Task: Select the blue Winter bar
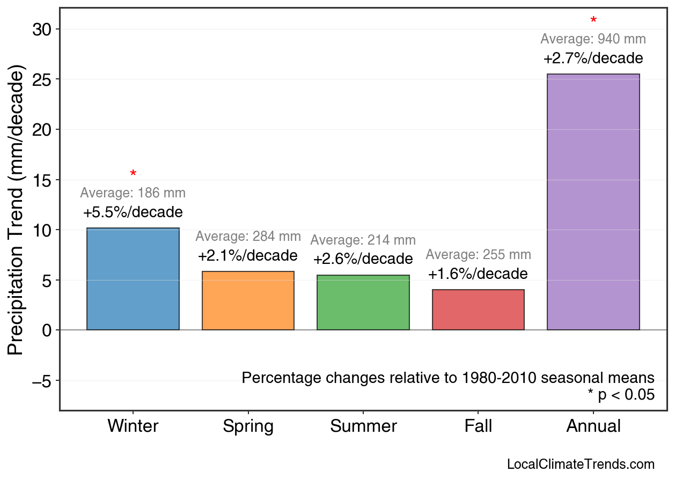133,279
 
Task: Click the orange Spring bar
248,300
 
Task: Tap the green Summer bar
363,302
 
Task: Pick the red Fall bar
478,309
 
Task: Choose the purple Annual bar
593,202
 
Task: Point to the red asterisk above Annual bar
593,21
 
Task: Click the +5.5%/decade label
133,212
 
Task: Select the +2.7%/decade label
593,58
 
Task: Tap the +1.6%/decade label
478,274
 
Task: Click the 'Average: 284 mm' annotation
248,237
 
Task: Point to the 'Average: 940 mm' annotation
593,39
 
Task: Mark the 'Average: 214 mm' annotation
363,241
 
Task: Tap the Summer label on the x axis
363,426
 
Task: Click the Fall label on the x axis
478,426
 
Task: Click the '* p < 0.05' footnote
621,395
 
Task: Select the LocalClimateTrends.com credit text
581,465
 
